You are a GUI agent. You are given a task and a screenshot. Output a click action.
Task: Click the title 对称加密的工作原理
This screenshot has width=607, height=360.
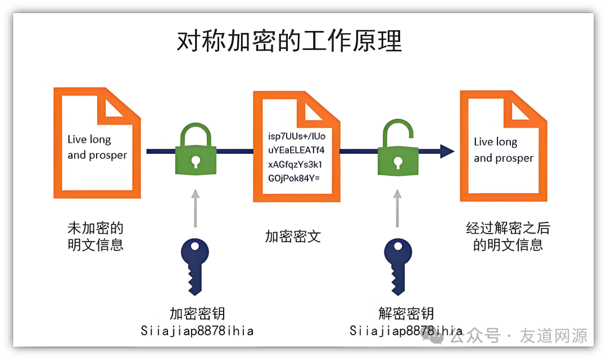click(x=289, y=42)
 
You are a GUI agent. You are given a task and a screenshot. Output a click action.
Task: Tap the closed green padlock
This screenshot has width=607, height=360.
click(x=195, y=151)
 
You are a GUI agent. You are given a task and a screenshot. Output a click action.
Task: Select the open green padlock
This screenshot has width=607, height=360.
click(x=397, y=149)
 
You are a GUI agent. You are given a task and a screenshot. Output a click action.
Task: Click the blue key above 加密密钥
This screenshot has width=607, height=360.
click(x=194, y=263)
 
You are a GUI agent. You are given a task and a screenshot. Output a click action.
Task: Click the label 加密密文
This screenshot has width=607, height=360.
click(x=293, y=236)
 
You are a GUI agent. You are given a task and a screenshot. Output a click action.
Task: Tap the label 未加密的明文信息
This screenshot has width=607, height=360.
click(x=96, y=236)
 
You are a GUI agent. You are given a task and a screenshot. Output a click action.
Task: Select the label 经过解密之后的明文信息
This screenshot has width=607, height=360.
click(x=508, y=236)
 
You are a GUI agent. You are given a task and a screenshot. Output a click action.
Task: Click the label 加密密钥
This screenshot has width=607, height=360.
click(x=197, y=313)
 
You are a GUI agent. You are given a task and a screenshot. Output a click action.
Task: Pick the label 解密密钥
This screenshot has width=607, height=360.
click(x=406, y=313)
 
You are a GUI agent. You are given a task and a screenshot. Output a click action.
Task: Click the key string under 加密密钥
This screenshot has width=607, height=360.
click(x=197, y=331)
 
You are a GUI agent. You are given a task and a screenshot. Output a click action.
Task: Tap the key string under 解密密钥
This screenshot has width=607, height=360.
click(x=406, y=331)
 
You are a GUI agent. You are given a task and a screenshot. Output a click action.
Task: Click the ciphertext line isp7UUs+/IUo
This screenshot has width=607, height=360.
click(x=297, y=136)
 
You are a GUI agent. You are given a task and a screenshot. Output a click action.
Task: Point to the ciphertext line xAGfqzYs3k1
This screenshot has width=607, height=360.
click(x=296, y=165)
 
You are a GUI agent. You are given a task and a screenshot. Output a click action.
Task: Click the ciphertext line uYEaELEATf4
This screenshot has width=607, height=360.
click(x=296, y=151)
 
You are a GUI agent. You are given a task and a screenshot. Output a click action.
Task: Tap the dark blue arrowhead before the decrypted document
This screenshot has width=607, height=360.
click(x=447, y=151)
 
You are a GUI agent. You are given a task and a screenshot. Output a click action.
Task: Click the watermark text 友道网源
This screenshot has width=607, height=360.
click(x=554, y=336)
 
